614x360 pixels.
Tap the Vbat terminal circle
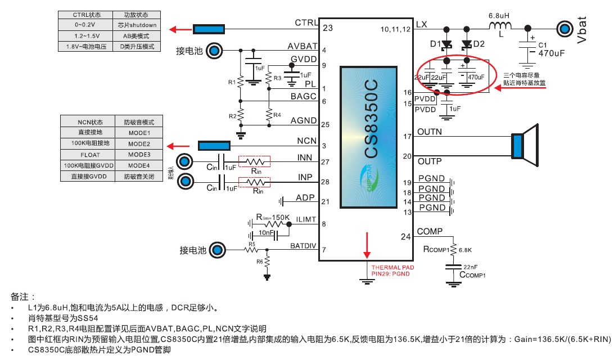click(x=565, y=28)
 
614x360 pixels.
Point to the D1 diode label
click(x=435, y=44)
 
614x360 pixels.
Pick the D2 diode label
click(x=478, y=44)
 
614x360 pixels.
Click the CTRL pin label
click(x=306, y=23)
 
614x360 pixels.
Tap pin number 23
click(x=328, y=28)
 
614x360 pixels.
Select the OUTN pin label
click(x=430, y=132)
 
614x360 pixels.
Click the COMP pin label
click(x=430, y=231)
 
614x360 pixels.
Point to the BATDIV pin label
click(x=304, y=245)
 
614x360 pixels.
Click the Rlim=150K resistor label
click(x=274, y=217)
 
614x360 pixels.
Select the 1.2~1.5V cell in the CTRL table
click(x=85, y=35)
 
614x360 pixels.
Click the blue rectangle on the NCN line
click(x=214, y=146)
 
